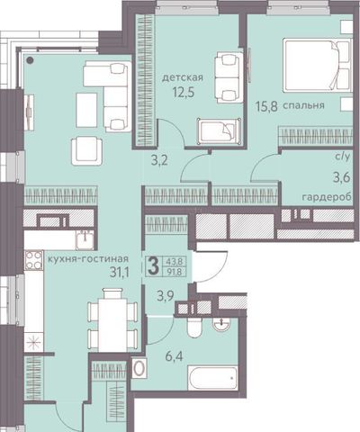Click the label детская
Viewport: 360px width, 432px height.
coord(183,77)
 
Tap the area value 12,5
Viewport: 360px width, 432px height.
coord(184,92)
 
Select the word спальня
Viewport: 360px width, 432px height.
coord(303,105)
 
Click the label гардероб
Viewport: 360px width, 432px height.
coord(327,197)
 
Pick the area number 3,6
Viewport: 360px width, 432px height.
coord(341,178)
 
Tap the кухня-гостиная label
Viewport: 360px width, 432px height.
coord(88,258)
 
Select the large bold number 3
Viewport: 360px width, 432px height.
coord(153,266)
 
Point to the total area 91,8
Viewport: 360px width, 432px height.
coord(175,272)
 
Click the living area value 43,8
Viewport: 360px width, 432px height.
coord(175,262)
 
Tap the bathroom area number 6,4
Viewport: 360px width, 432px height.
coord(174,357)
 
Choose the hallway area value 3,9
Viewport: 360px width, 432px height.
coord(166,297)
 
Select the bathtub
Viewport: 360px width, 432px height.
coord(212,377)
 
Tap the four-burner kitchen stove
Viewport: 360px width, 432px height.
coord(33,260)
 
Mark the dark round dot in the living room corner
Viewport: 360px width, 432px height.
coord(30,60)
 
